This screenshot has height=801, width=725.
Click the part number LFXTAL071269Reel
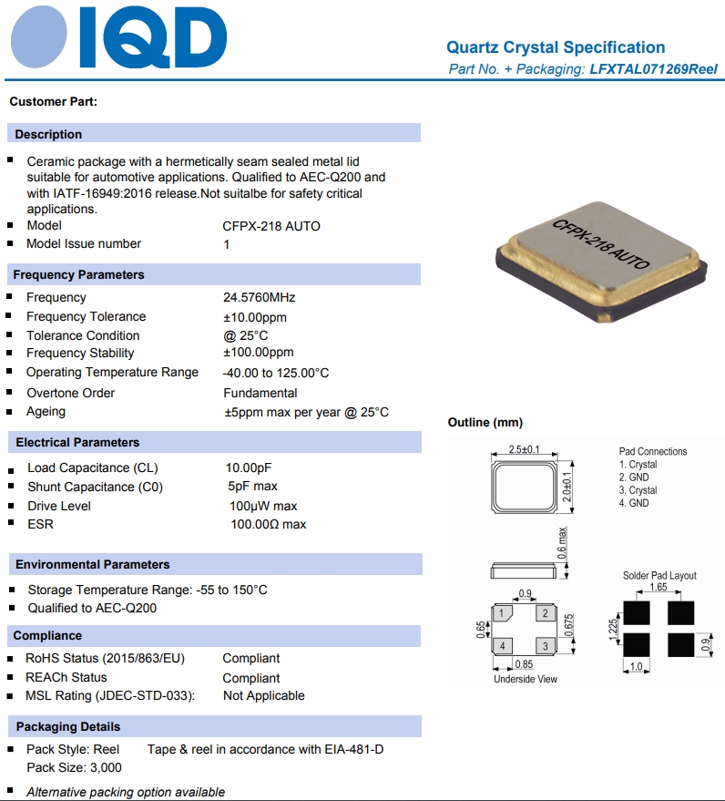click(x=653, y=69)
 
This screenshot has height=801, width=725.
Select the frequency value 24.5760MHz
click(x=260, y=298)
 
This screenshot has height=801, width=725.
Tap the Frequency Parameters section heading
click(x=79, y=274)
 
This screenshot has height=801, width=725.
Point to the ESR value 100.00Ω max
click(x=269, y=524)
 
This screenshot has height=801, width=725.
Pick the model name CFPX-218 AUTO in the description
click(x=271, y=226)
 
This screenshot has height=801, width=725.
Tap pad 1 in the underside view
click(x=502, y=613)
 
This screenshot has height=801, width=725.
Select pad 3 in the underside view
click(x=545, y=646)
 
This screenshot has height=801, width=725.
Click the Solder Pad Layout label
click(x=659, y=575)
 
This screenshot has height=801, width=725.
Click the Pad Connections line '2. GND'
click(x=634, y=478)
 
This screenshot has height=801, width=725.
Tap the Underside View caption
click(x=526, y=679)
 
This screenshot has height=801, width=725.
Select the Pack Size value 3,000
click(x=100, y=767)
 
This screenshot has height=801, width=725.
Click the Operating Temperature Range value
click(x=276, y=373)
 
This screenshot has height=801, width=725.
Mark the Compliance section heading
click(x=47, y=635)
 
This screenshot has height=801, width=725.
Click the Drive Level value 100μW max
click(x=263, y=506)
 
